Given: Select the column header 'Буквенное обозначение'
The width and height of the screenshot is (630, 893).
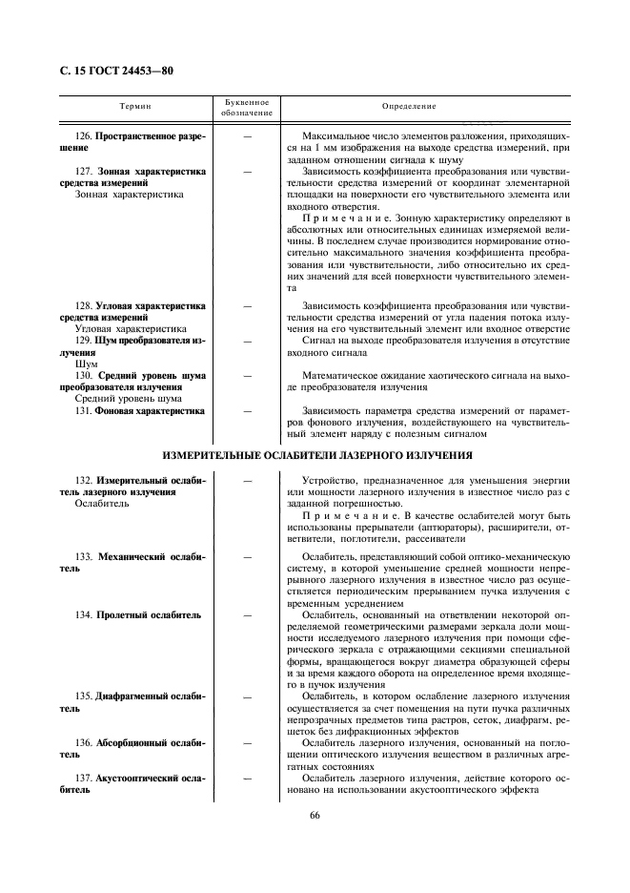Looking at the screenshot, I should (247, 106).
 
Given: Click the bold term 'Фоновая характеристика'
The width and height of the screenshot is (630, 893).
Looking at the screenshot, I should (151, 411).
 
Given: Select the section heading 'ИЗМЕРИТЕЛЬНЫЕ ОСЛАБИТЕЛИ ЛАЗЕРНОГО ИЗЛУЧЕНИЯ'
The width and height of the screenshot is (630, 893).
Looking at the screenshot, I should (317, 455).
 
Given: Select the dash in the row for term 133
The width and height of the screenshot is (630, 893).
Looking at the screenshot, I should (247, 555).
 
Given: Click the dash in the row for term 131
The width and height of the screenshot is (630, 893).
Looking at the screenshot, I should (247, 411).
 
